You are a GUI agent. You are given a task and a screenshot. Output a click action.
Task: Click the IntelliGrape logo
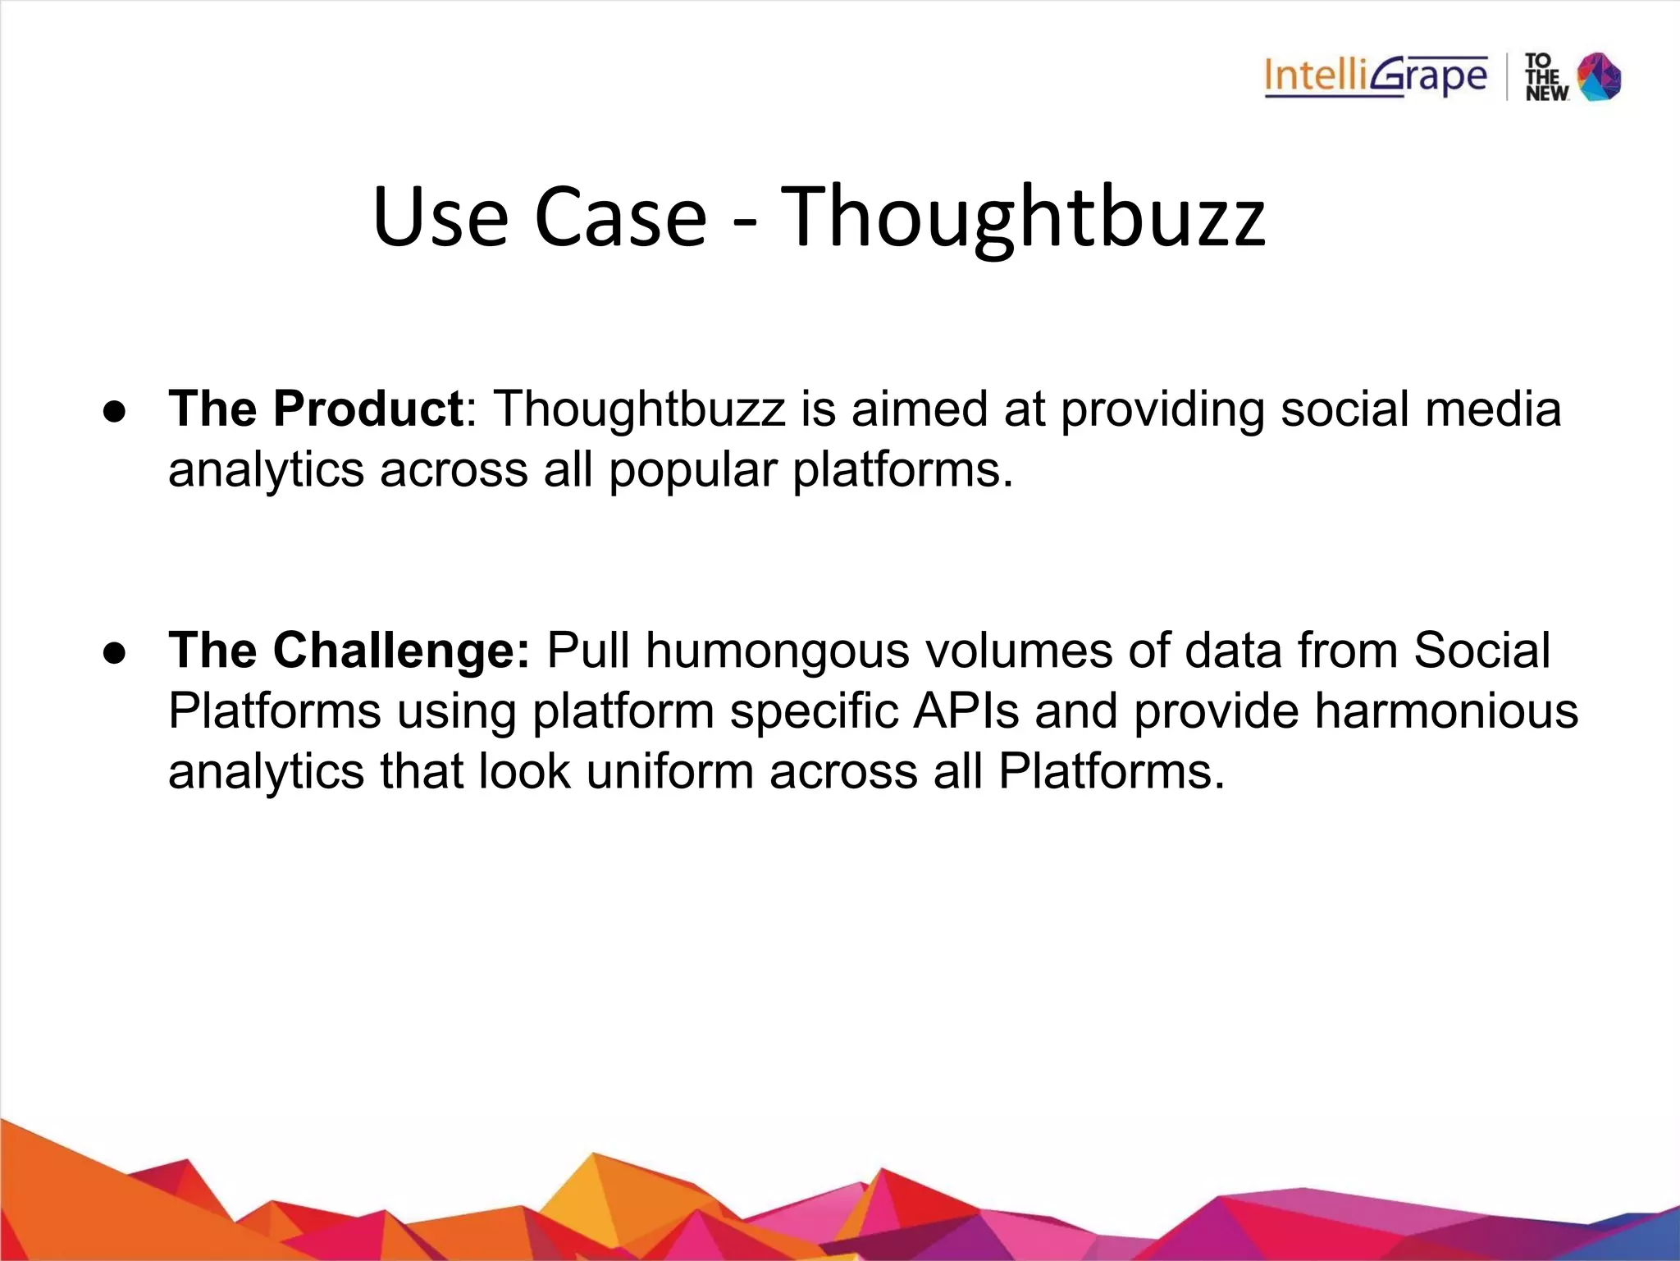point(1375,77)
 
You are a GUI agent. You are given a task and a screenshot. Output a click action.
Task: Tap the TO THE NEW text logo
point(1545,78)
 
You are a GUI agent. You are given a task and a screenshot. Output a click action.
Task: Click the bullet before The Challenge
point(115,653)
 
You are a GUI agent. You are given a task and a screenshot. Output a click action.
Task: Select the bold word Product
point(368,409)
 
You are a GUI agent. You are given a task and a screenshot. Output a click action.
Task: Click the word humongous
point(777,651)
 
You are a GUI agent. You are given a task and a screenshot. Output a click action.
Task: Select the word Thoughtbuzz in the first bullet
point(639,409)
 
